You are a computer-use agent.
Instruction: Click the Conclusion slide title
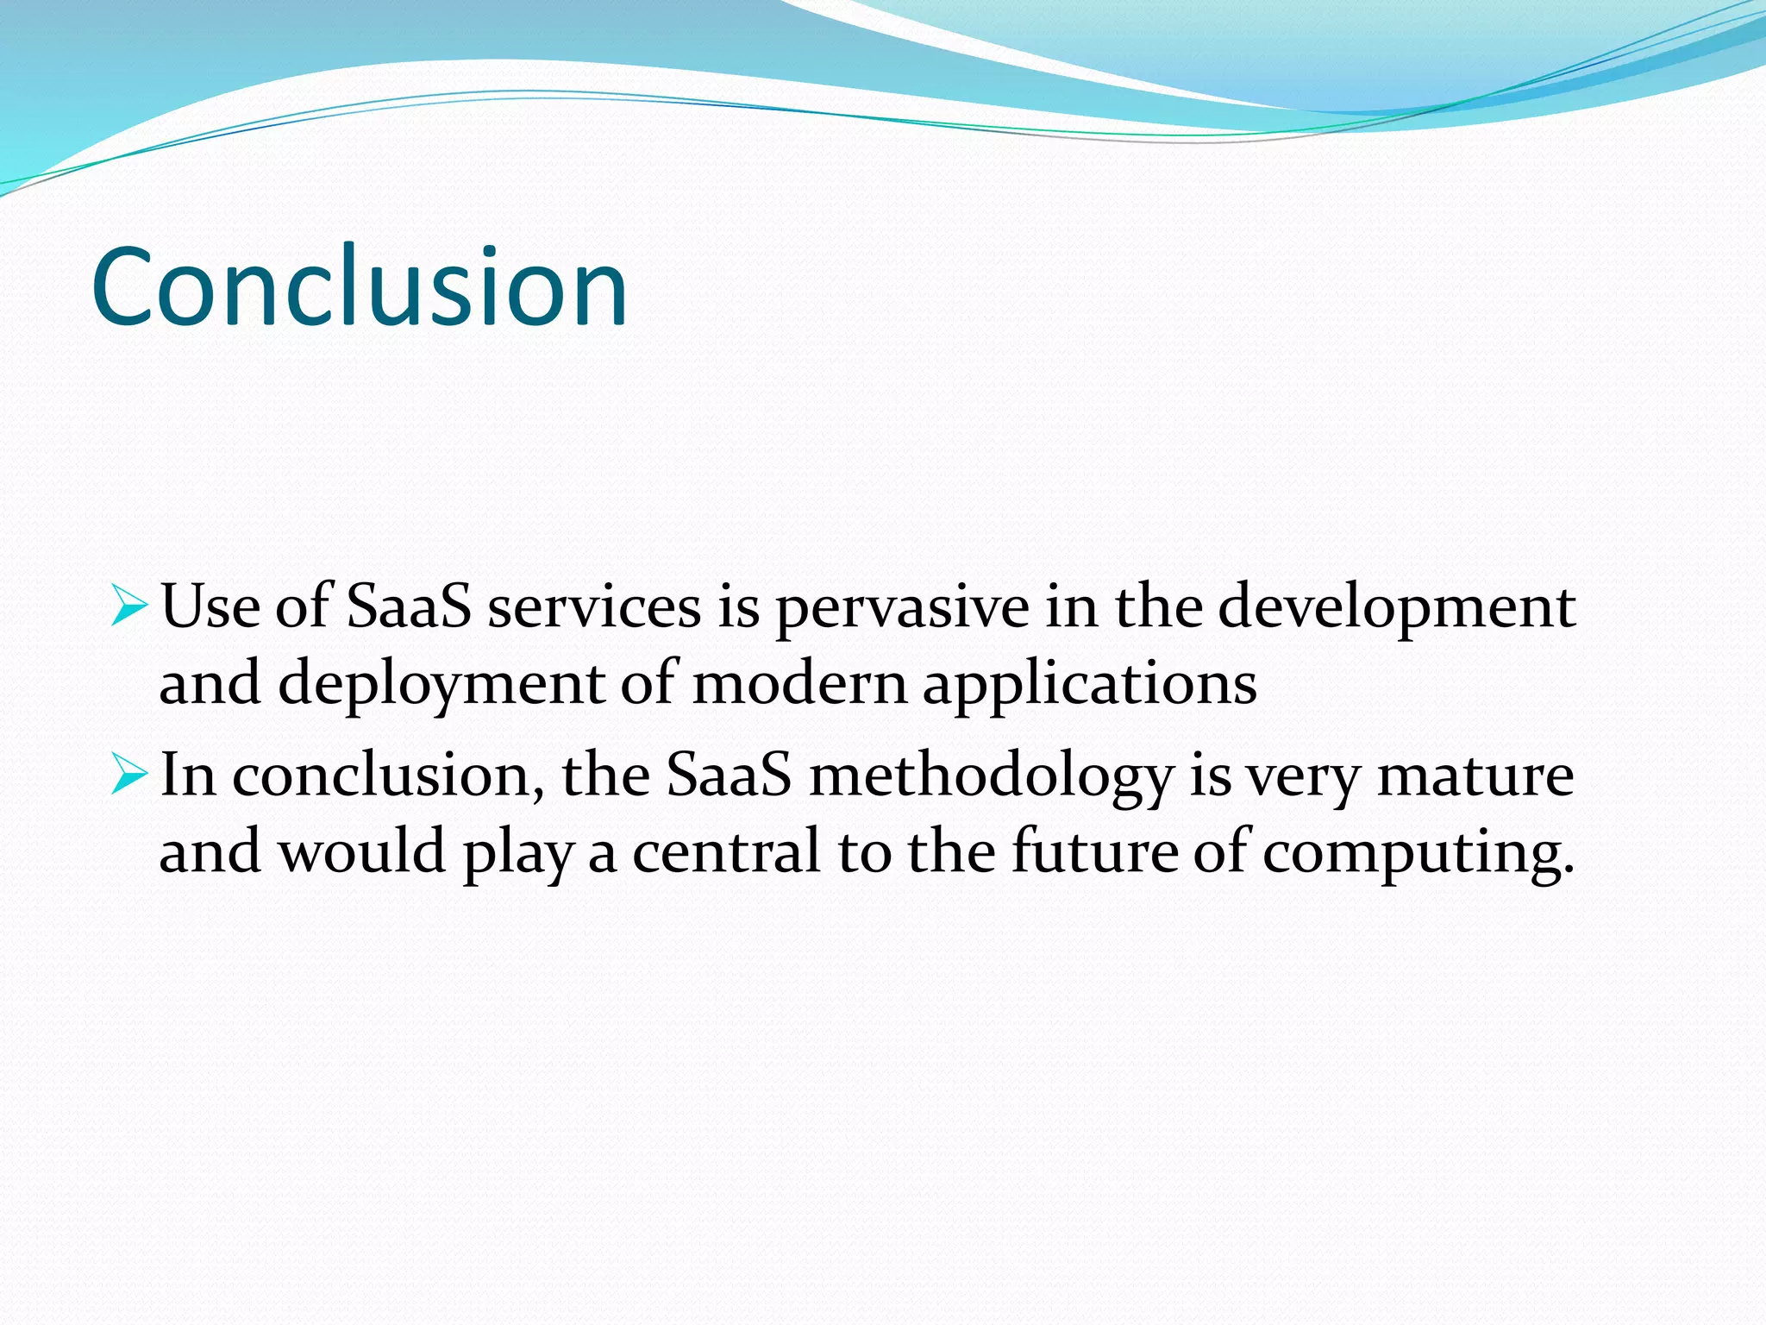359,286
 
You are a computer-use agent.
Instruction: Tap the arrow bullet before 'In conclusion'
129,775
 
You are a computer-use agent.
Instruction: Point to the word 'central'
726,851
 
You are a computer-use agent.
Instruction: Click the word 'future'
1093,851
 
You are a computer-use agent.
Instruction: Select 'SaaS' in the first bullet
409,606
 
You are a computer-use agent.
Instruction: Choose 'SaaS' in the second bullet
729,775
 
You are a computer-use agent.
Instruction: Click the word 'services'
594,606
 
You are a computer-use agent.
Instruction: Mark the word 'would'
361,851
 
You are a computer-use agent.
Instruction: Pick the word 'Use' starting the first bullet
210,606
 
